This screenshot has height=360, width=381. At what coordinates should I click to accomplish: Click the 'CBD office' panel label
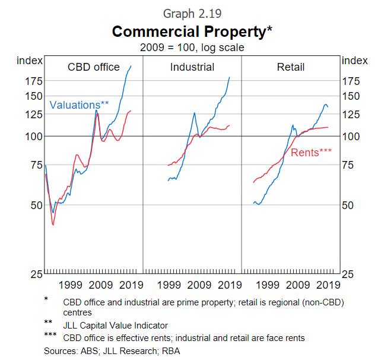[94, 67]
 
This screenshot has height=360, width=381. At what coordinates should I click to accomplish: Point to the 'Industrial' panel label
[192, 67]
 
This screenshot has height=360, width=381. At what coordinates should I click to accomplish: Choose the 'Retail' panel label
[291, 67]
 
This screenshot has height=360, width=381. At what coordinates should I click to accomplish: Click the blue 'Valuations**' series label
[79, 105]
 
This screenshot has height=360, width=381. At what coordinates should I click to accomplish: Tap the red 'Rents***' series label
[311, 153]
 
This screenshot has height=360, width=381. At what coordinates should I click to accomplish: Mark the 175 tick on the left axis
[33, 81]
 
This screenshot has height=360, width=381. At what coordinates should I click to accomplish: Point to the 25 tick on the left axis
[36, 274]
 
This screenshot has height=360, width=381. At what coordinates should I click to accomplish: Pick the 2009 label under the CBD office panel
[101, 285]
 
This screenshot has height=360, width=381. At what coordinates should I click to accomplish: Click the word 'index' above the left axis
[29, 59]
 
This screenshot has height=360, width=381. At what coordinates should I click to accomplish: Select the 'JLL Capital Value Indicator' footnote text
[115, 325]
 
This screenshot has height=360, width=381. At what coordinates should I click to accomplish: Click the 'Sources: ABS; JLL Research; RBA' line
[112, 351]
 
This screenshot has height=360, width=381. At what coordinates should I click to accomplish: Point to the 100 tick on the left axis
[33, 137]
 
